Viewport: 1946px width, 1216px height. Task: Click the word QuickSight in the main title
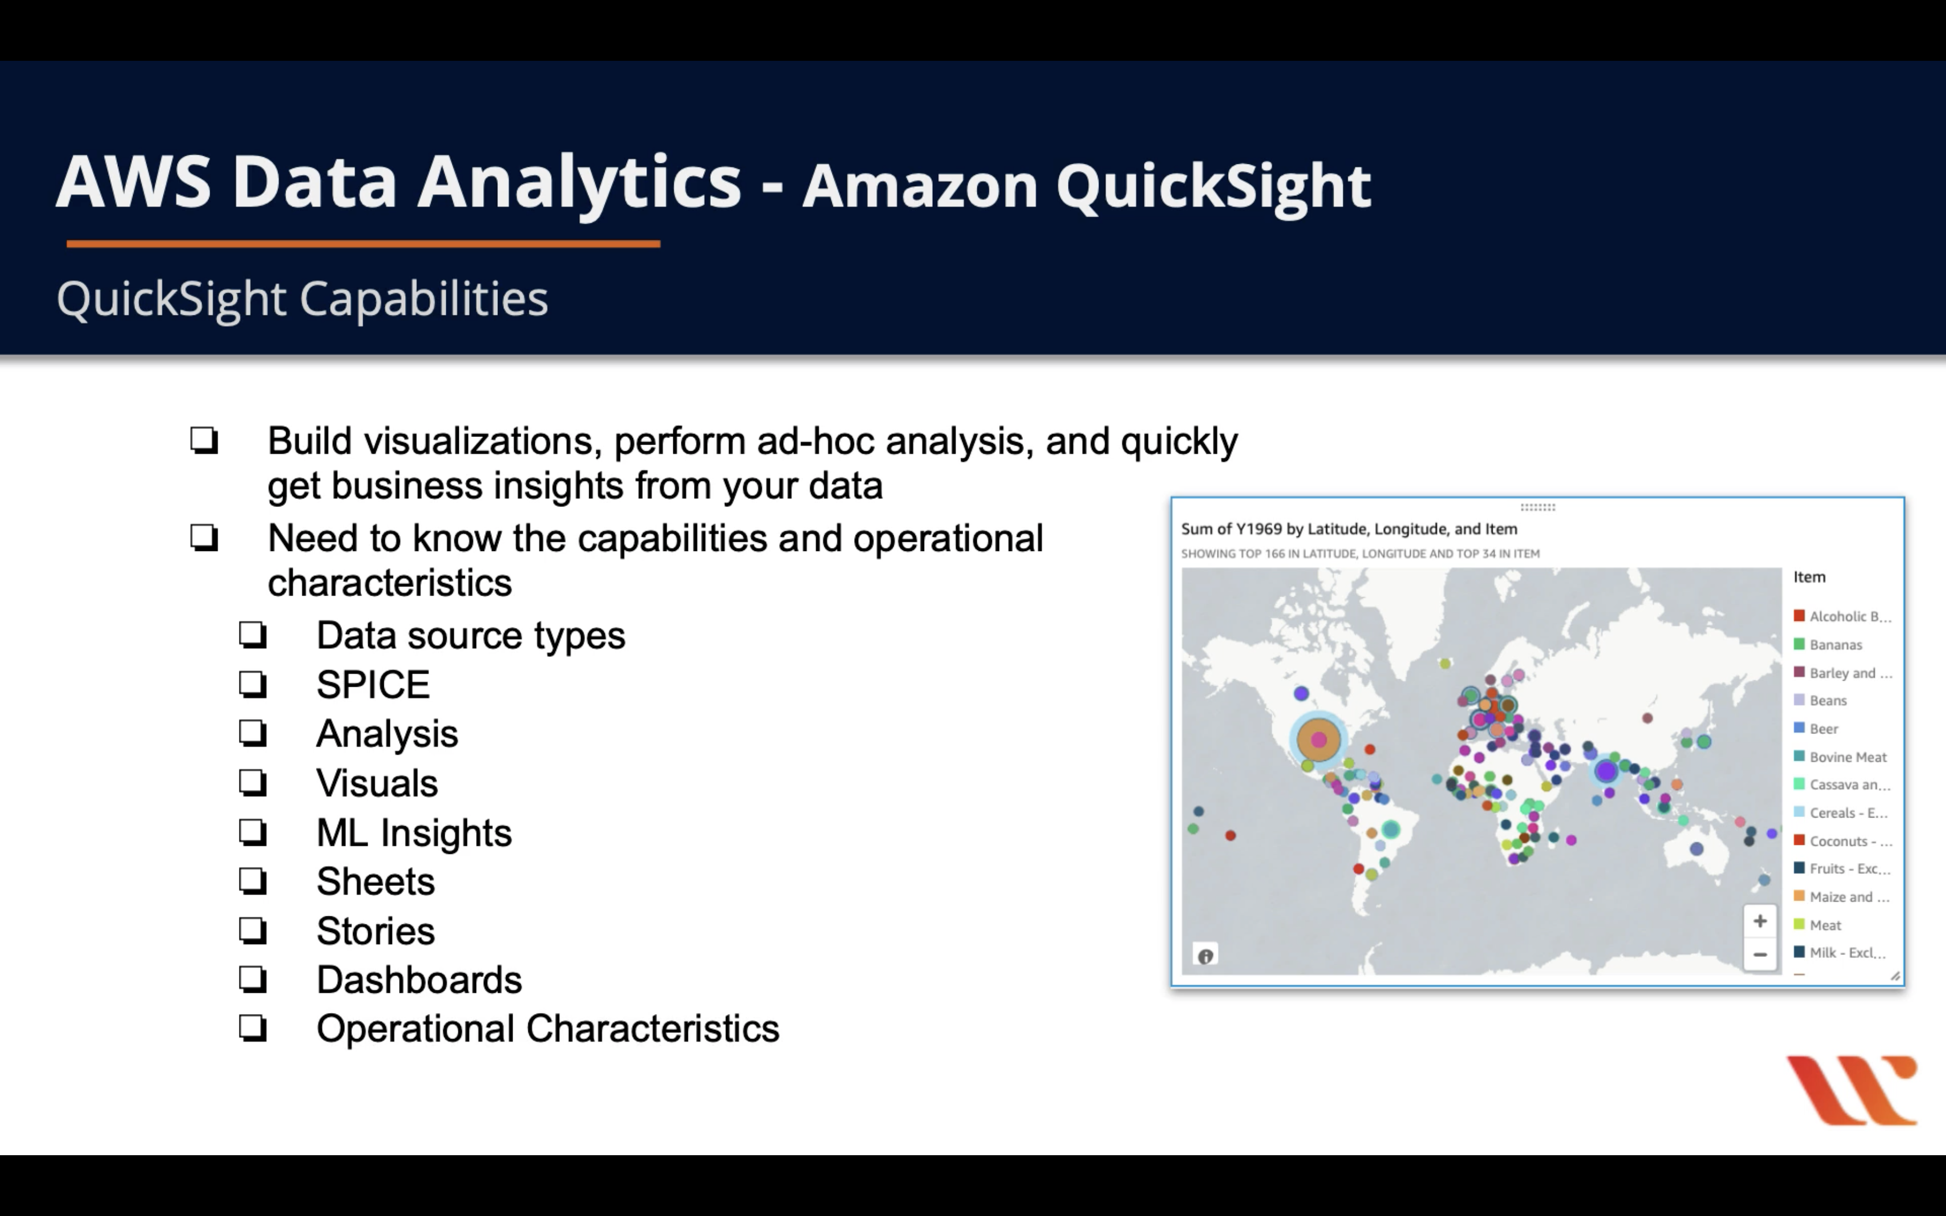tap(1214, 187)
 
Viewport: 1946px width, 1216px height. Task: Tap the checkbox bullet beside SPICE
tap(252, 685)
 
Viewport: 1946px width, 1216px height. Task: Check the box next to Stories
tap(252, 930)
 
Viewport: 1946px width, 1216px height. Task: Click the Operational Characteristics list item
tap(548, 1029)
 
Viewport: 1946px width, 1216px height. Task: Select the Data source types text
tap(470, 637)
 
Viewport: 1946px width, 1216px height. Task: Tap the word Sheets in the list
tap(376, 882)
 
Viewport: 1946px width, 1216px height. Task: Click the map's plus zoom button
tap(1759, 921)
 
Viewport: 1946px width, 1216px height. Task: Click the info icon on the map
tap(1205, 956)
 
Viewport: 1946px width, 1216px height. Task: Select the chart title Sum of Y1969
tap(1349, 529)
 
